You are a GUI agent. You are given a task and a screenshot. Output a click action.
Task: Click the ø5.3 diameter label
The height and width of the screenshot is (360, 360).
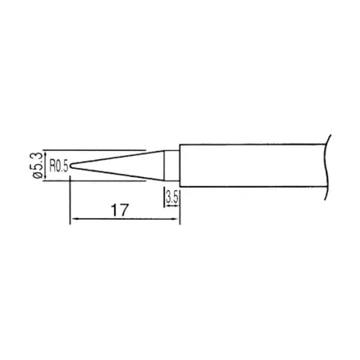pyautogui.click(x=37, y=165)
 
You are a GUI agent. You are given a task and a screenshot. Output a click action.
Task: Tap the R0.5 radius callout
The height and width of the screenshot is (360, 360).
pyautogui.click(x=58, y=166)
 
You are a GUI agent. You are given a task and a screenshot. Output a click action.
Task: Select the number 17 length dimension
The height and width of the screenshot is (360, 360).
pyautogui.click(x=120, y=210)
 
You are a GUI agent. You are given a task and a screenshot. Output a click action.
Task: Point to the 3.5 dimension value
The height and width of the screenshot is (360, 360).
pyautogui.click(x=172, y=197)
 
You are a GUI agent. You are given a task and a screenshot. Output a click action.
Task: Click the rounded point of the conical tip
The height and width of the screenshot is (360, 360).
pyautogui.click(x=71, y=166)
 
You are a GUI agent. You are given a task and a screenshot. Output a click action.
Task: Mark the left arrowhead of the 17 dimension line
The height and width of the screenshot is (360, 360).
pyautogui.click(x=73, y=219)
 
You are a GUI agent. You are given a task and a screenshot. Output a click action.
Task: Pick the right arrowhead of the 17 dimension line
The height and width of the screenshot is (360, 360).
pyautogui.click(x=176, y=219)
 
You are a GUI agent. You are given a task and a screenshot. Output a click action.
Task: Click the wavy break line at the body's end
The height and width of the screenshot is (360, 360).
pyautogui.click(x=326, y=167)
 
